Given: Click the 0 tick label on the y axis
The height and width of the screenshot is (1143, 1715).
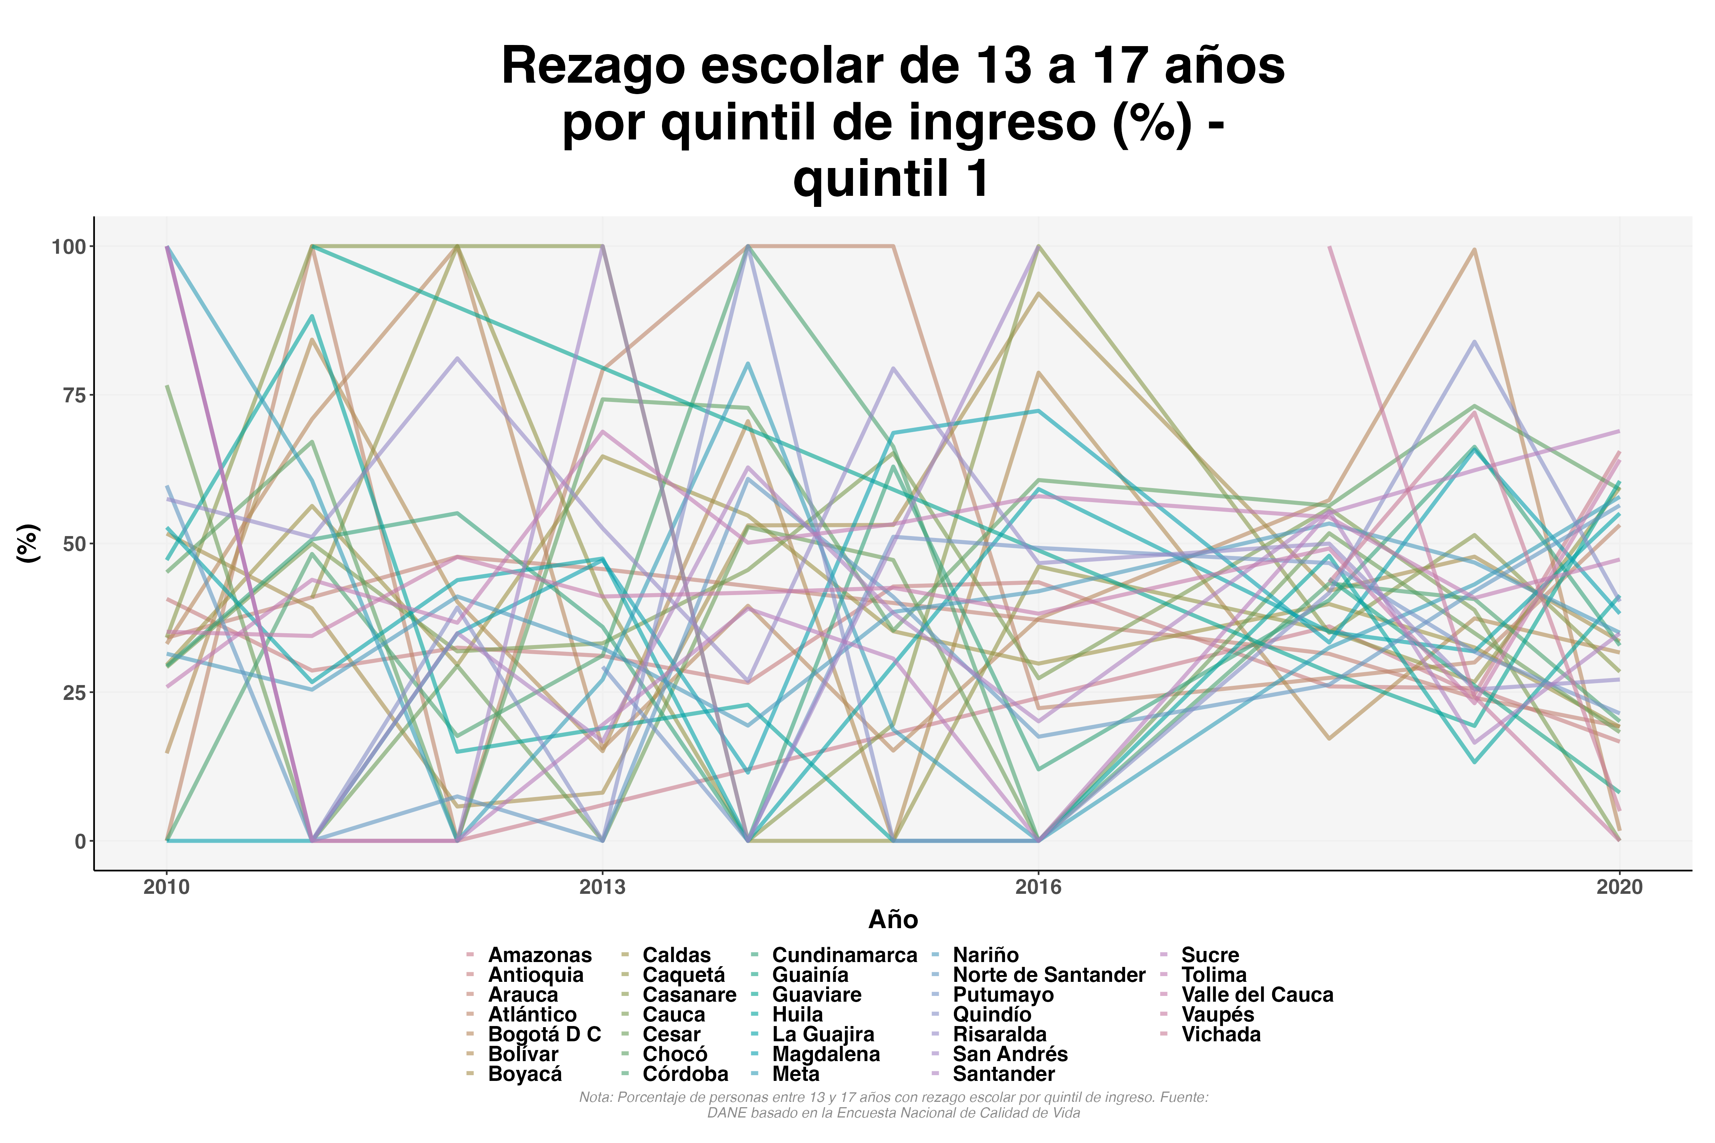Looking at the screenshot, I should pos(80,841).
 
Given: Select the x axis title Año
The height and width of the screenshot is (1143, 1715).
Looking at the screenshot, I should pos(893,920).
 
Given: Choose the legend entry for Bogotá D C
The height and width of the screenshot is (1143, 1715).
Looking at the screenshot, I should pos(544,1034).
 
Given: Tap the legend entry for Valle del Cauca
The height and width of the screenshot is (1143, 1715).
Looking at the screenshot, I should pos(1257,995).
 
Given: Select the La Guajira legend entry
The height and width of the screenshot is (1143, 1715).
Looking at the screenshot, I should pos(822,1034).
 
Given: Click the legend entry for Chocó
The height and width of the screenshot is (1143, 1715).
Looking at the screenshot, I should pos(675,1054).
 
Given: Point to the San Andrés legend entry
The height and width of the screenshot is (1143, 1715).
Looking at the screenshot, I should pos(1010,1054).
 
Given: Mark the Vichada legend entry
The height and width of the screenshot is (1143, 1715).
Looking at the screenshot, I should pos(1221,1034).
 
